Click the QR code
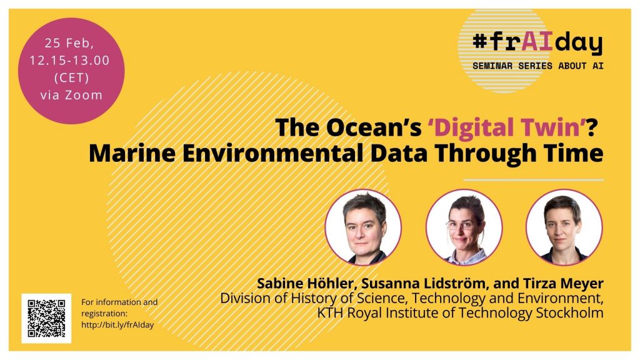coord(46,318)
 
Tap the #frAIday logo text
coord(537,42)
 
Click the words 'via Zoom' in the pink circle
coord(71,95)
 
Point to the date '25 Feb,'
coord(69,43)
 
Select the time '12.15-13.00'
coord(70,61)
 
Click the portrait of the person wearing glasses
coord(464,227)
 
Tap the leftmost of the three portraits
coord(363,227)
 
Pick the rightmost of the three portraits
coord(564,227)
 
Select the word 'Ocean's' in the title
coord(374,127)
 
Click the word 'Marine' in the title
coord(132,154)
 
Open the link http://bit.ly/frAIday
coord(117,325)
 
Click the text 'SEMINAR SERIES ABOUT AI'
coord(538,66)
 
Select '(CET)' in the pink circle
coord(71,77)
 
